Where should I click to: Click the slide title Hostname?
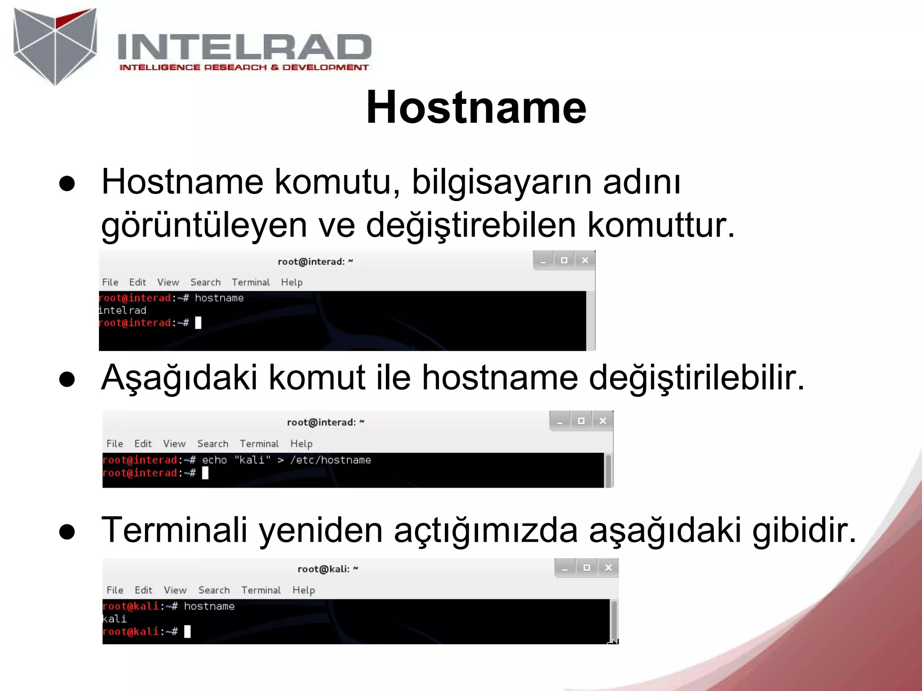pyautogui.click(x=476, y=107)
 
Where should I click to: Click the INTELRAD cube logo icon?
pyautogui.click(x=55, y=46)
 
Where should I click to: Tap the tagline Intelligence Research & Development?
pyautogui.click(x=244, y=67)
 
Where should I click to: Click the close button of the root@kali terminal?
pyautogui.click(x=609, y=568)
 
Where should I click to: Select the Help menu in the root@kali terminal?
pyautogui.click(x=303, y=590)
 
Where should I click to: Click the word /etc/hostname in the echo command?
pyautogui.click(x=330, y=460)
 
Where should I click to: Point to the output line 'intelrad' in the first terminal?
pyautogui.click(x=122, y=310)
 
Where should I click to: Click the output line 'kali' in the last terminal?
pyautogui.click(x=114, y=619)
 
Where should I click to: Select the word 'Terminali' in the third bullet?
pyautogui.click(x=175, y=530)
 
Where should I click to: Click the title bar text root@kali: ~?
pyautogui.click(x=328, y=569)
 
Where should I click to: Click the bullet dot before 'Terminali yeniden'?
pyautogui.click(x=67, y=532)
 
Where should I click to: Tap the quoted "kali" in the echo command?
pyautogui.click(x=253, y=460)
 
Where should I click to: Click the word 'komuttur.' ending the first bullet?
pyautogui.click(x=661, y=225)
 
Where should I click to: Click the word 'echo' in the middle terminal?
pyautogui.click(x=214, y=460)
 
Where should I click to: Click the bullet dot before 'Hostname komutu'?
pyautogui.click(x=67, y=184)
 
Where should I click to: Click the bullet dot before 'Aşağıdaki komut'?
pyautogui.click(x=67, y=379)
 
